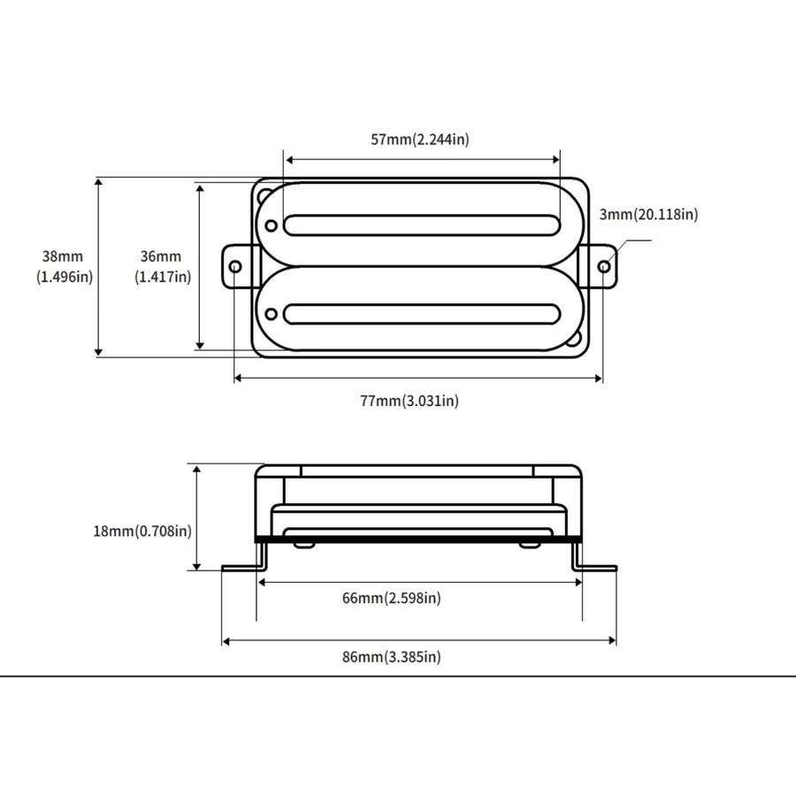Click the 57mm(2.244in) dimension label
pyautogui.click(x=420, y=139)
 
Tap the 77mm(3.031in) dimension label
pyautogui.click(x=409, y=401)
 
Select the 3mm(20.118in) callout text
pyautogui.click(x=649, y=214)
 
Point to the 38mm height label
pyautogui.click(x=63, y=256)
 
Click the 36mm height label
pyautogui.click(x=161, y=256)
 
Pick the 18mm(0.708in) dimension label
pyautogui.click(x=142, y=531)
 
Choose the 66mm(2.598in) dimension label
pyautogui.click(x=392, y=598)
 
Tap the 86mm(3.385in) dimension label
pyautogui.click(x=392, y=656)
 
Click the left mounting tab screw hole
pyautogui.click(x=235, y=266)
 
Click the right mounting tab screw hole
pyautogui.click(x=604, y=266)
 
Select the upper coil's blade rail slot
pyautogui.click(x=422, y=226)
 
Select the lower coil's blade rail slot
pyautogui.click(x=422, y=314)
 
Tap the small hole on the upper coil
pyautogui.click(x=272, y=226)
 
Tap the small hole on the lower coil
pyautogui.click(x=272, y=314)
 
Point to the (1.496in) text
pyautogui.click(x=65, y=277)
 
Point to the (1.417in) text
pyautogui.click(x=163, y=277)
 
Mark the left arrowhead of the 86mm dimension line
pyautogui.click(x=226, y=642)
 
